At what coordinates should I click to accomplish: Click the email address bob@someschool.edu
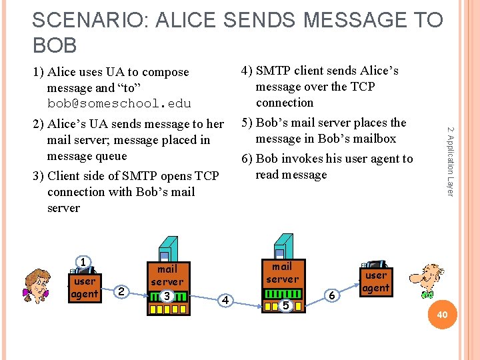click(x=119, y=104)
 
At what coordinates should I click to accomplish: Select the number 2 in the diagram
click(x=121, y=291)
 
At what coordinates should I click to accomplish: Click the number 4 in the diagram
click(x=226, y=301)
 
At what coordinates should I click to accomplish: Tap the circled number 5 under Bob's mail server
click(x=285, y=305)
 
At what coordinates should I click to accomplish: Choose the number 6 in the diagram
click(x=331, y=294)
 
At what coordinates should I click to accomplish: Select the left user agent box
click(x=84, y=287)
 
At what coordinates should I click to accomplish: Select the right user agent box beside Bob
click(x=375, y=281)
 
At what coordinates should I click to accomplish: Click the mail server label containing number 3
click(x=167, y=275)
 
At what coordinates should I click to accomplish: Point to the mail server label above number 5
click(x=282, y=272)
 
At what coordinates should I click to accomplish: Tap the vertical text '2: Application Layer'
click(x=450, y=161)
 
